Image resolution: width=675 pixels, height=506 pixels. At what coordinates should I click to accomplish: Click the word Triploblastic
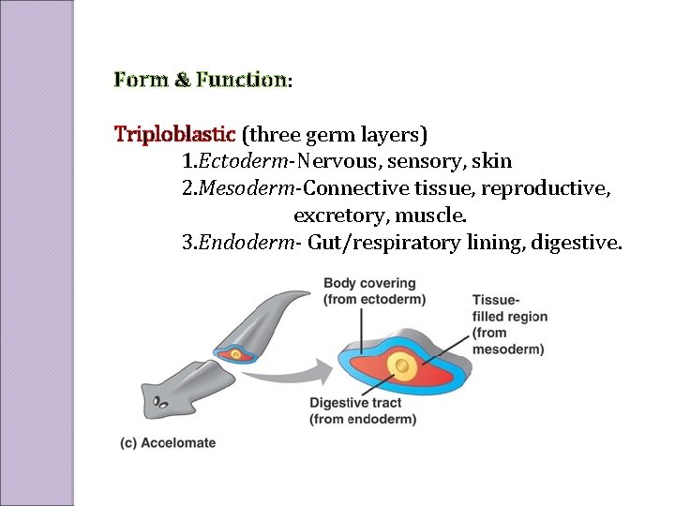tap(175, 133)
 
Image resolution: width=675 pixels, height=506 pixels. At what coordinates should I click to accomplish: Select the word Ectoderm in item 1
tap(238, 161)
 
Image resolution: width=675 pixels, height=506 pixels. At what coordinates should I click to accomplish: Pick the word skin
tap(492, 161)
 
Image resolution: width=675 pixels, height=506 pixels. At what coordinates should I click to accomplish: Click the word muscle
tap(434, 216)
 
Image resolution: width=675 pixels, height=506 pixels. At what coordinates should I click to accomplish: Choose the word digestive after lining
tap(575, 244)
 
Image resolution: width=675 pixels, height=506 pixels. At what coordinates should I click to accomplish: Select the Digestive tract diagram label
tap(363, 411)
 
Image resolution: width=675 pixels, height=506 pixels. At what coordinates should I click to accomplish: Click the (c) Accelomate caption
tap(169, 443)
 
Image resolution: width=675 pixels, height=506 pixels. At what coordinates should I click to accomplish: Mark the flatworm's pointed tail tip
tap(309, 291)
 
